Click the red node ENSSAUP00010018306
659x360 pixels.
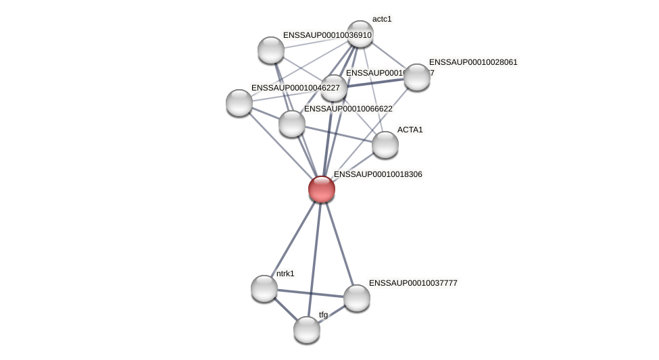(322, 189)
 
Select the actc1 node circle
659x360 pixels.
(360, 34)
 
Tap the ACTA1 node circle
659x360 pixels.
(385, 145)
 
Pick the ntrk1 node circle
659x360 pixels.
(264, 288)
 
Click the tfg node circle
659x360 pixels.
(307, 330)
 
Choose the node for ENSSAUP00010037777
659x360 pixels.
(357, 298)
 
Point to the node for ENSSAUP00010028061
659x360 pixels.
(417, 77)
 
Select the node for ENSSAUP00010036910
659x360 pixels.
(271, 50)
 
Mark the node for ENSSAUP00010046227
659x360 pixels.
(239, 103)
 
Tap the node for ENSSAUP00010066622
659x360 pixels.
(292, 124)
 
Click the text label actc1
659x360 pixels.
(382, 19)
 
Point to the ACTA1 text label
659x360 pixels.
(410, 130)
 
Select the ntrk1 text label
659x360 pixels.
(285, 274)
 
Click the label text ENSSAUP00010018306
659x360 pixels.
(378, 174)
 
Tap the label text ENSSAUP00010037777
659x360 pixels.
(413, 283)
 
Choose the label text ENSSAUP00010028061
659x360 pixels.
(473, 62)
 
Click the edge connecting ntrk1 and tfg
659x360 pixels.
(285, 309)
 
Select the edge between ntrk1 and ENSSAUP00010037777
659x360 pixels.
(311, 293)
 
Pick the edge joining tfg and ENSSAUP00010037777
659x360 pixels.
(332, 314)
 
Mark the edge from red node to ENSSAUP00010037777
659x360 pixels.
(339, 243)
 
